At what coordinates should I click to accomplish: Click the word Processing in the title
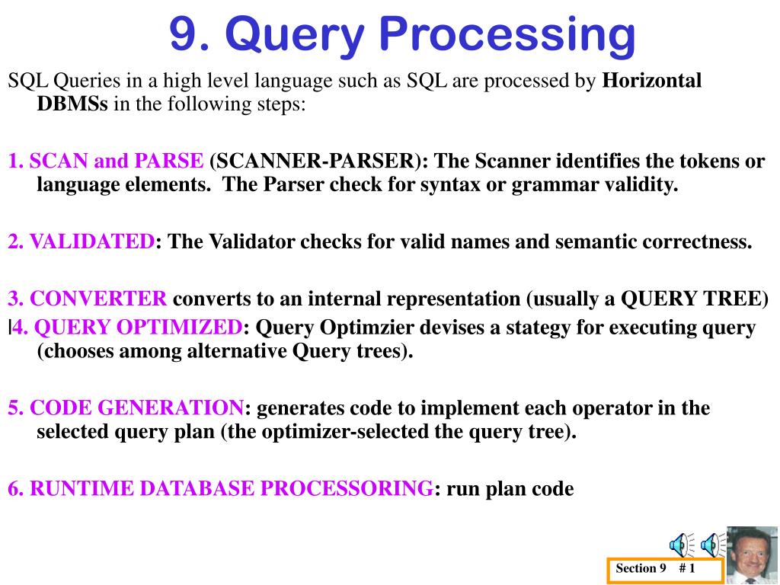507,35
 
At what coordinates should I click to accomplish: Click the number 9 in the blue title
184,34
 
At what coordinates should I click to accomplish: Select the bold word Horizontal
652,80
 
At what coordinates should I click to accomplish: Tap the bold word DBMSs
72,104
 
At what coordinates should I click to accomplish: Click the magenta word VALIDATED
92,241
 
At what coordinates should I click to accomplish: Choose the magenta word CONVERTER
98,299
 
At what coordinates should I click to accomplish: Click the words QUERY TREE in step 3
691,299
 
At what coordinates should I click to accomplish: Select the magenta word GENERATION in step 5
170,408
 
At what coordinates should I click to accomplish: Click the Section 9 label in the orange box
641,568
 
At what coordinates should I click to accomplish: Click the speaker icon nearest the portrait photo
712,545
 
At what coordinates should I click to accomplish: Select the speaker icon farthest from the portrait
681,545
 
